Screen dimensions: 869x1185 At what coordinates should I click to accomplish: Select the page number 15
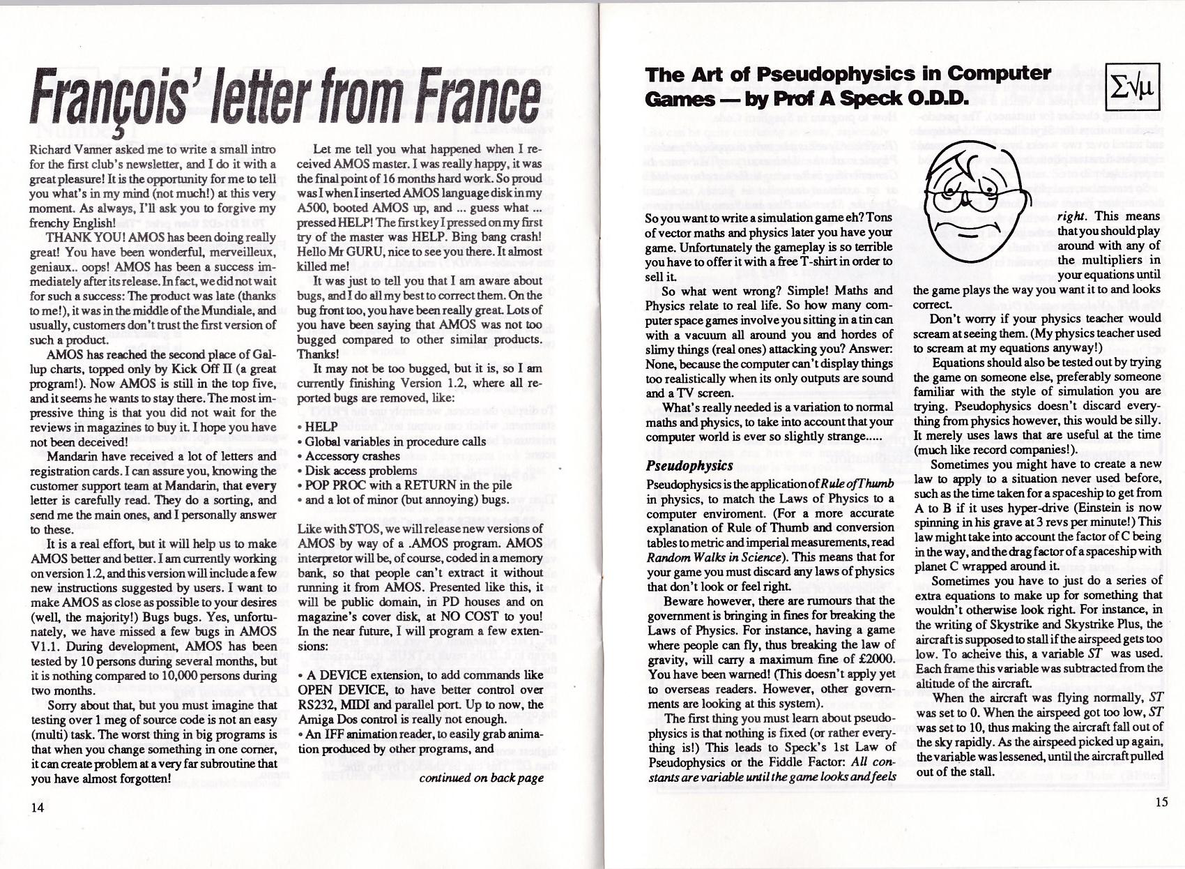tap(1161, 802)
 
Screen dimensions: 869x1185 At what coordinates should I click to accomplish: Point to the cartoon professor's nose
tap(968, 200)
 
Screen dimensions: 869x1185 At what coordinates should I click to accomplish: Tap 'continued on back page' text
tap(481, 778)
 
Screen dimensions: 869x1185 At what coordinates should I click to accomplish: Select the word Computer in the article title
tap(999, 74)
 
